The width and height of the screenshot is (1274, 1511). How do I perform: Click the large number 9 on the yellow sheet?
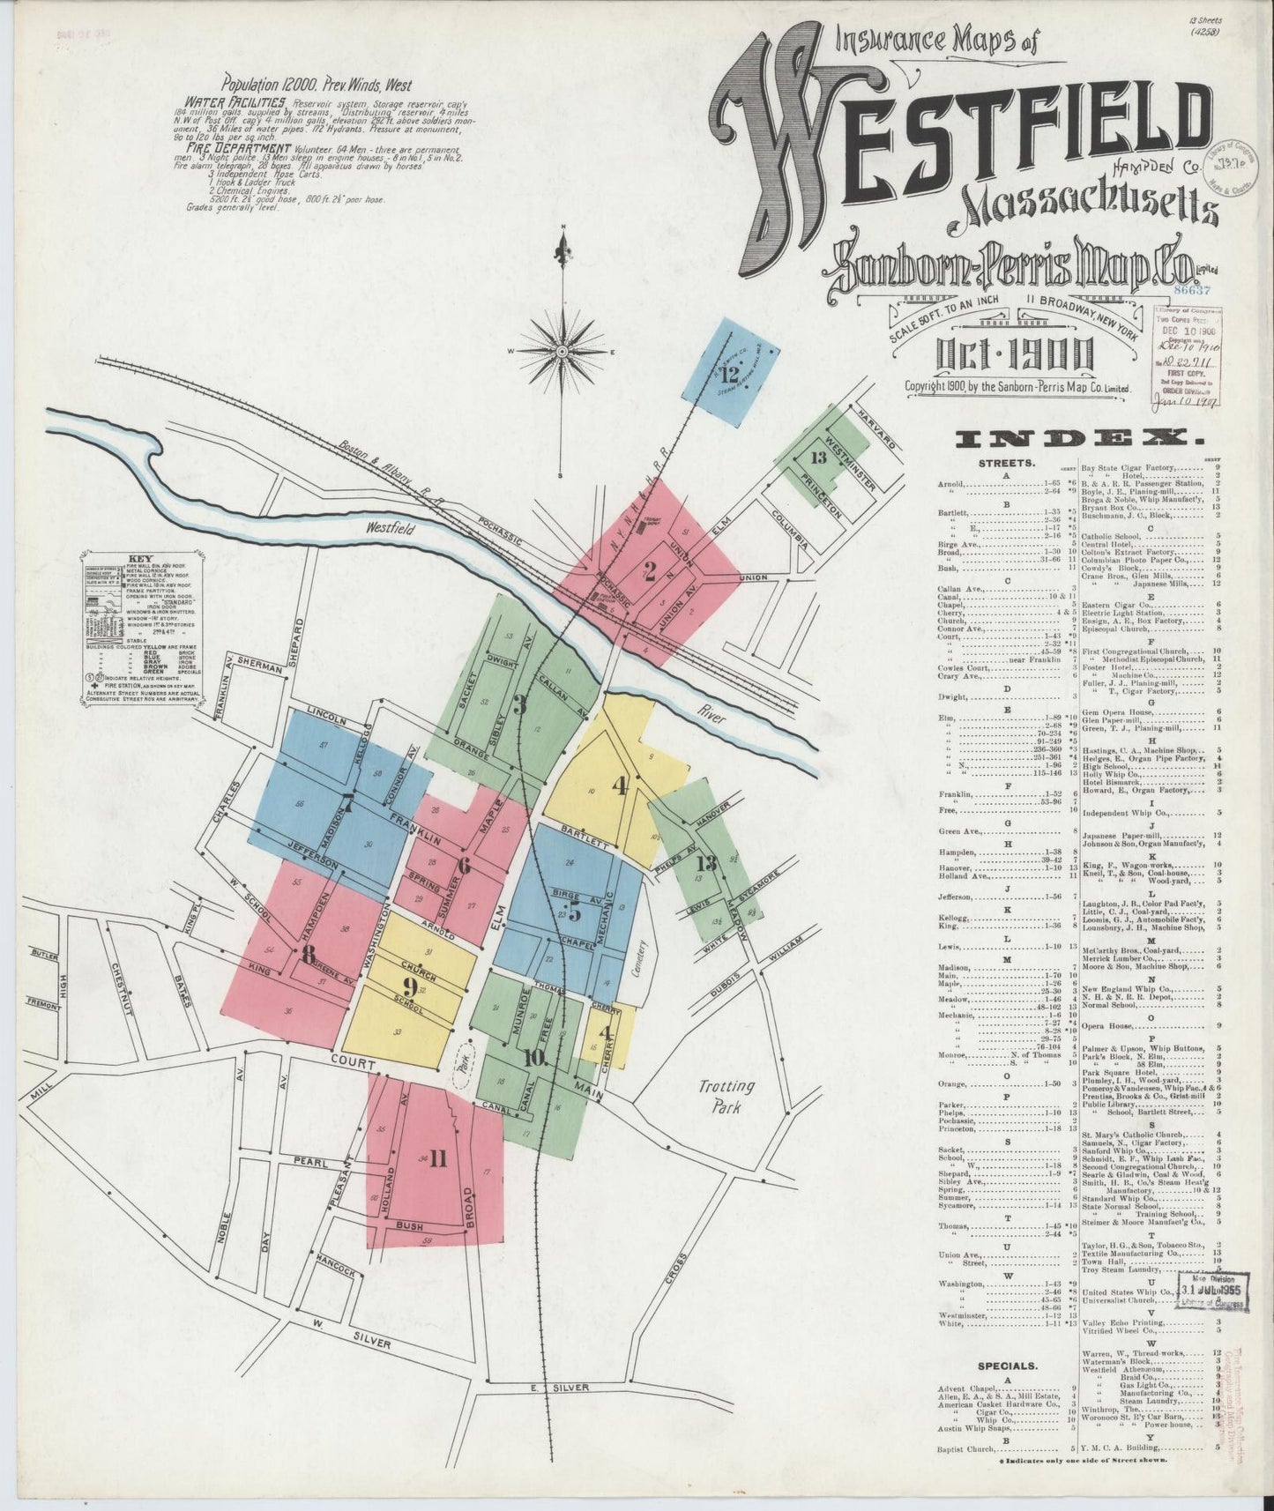[x=409, y=986]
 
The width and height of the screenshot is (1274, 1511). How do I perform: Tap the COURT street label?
[x=354, y=1063]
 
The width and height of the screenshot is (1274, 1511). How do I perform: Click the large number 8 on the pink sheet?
[x=308, y=954]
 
